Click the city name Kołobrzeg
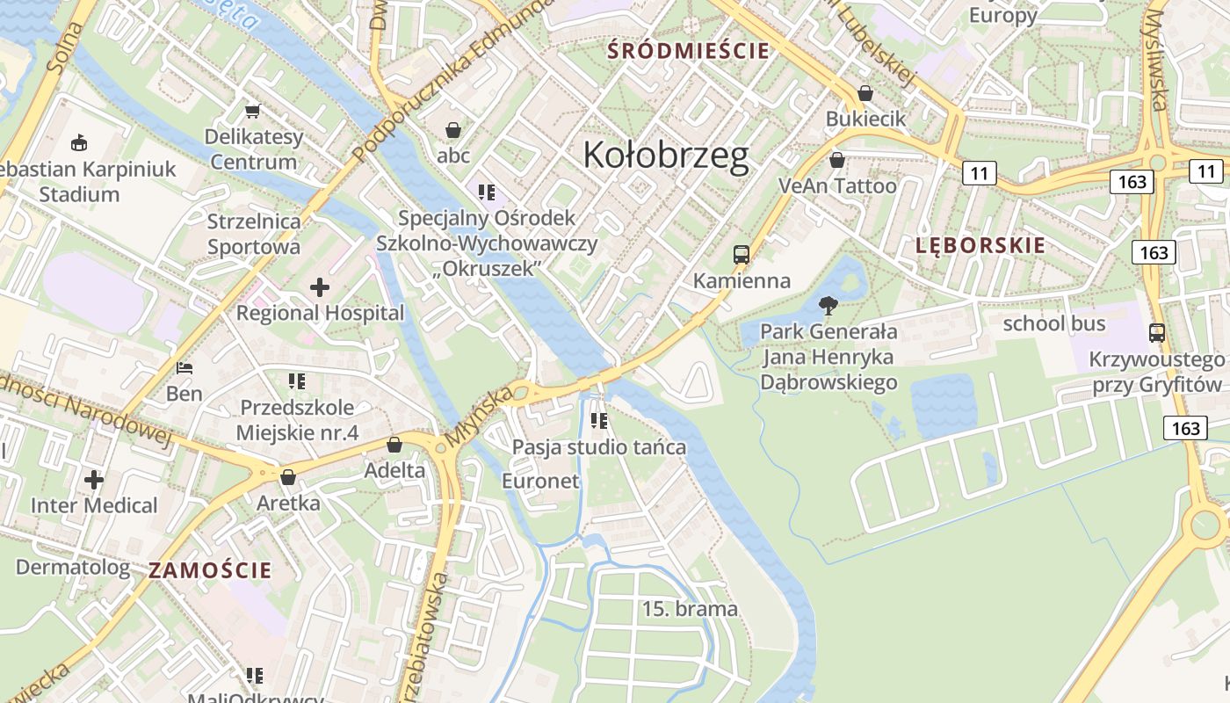(x=666, y=155)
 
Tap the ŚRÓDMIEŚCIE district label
(x=688, y=51)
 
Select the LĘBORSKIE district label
(x=980, y=245)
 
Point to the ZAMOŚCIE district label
(x=210, y=569)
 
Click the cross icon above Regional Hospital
(x=320, y=286)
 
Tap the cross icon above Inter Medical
(x=94, y=480)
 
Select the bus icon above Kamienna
(x=742, y=255)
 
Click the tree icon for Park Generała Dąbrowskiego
(x=828, y=306)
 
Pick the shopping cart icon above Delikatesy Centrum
(x=253, y=111)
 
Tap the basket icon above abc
(x=453, y=130)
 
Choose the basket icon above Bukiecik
(x=865, y=92)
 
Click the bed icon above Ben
(x=184, y=367)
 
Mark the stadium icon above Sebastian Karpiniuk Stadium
(x=79, y=142)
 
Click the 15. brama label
(x=690, y=609)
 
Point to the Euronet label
(x=540, y=481)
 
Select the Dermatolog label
(x=73, y=567)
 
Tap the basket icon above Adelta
(x=394, y=445)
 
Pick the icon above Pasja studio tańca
(x=599, y=421)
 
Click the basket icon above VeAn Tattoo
(x=837, y=160)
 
